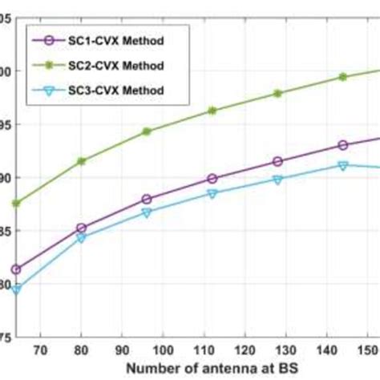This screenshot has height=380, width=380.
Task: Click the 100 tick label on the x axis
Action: tap(164, 350)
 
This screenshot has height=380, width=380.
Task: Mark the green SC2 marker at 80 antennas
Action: tap(81, 161)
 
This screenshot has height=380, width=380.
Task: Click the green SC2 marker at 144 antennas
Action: tap(343, 77)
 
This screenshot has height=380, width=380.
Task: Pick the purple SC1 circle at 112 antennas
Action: tap(212, 179)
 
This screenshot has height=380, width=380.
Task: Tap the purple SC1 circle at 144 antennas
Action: tap(343, 145)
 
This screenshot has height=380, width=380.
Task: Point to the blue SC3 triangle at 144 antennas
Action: tap(343, 165)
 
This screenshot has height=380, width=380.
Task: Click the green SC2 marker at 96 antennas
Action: tap(147, 131)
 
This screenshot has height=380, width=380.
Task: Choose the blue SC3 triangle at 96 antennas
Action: tap(147, 212)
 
